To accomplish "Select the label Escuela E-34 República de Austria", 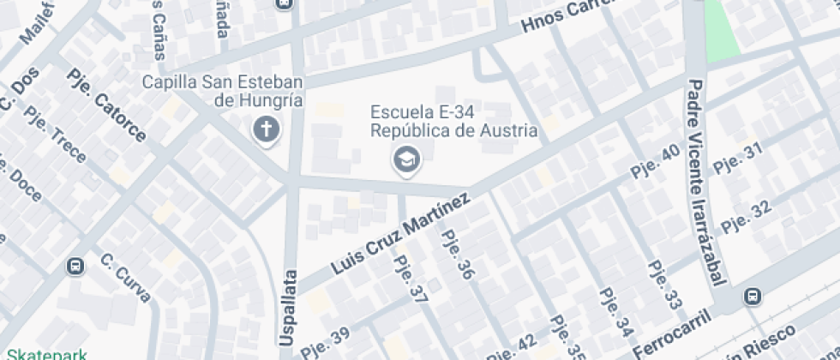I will [453, 121].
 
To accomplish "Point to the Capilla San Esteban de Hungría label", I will [223, 91].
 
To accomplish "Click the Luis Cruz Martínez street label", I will [400, 233].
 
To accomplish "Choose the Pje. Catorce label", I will [106, 105].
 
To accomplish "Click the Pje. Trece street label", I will [56, 135].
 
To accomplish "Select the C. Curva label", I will [126, 277].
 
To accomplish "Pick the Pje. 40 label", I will [656, 161].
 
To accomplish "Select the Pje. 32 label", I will [747, 215].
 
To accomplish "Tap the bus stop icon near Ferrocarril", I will [753, 296].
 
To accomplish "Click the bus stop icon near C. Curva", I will [75, 267].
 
